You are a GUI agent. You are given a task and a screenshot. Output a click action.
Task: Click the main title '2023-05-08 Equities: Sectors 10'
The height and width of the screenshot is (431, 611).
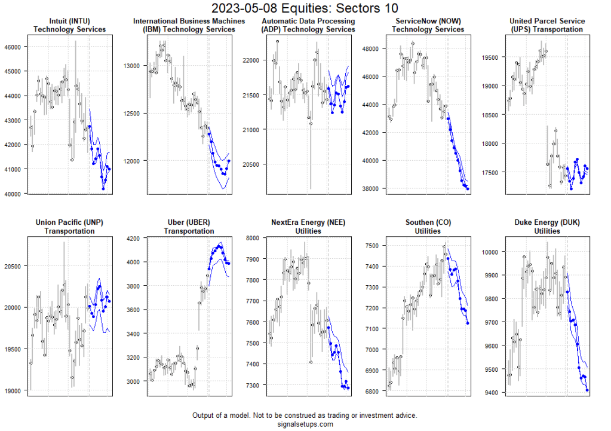click(x=305, y=8)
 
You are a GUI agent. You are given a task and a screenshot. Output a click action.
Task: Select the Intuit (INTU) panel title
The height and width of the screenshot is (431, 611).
click(x=69, y=25)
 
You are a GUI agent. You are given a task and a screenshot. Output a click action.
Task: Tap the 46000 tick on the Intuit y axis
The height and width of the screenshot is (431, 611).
click(x=13, y=47)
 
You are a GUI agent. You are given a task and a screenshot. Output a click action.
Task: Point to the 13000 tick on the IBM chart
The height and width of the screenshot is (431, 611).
click(x=132, y=66)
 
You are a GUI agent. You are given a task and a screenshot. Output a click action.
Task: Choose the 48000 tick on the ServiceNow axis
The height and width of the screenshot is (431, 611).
click(x=371, y=48)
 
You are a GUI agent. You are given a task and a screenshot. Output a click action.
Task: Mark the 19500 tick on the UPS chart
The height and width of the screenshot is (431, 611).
click(x=490, y=57)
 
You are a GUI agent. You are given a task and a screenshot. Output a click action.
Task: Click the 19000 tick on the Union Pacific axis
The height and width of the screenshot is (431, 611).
click(x=13, y=390)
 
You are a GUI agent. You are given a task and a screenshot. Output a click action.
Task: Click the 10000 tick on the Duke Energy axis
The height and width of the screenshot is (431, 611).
click(x=490, y=252)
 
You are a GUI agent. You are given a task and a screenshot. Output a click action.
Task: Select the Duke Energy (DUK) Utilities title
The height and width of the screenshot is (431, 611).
click(x=547, y=227)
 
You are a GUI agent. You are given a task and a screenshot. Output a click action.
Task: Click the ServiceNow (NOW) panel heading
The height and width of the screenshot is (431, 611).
click(x=428, y=25)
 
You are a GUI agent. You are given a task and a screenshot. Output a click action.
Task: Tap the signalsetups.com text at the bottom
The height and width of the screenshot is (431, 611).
click(x=305, y=424)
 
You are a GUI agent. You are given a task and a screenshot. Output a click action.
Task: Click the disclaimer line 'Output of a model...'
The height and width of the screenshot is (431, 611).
click(x=305, y=415)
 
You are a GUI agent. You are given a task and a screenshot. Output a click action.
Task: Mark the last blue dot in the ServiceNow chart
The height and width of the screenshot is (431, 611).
click(x=468, y=189)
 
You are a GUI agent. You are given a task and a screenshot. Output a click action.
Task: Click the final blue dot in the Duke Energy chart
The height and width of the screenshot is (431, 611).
click(x=587, y=390)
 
